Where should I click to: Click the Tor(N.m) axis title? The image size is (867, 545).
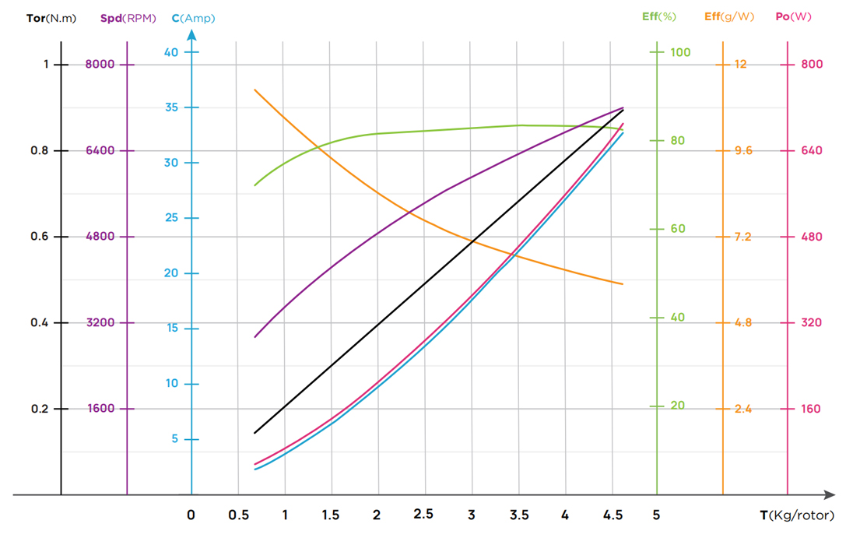51,17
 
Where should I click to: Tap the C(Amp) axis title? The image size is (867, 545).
193,17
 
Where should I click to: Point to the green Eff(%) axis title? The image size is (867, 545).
658,16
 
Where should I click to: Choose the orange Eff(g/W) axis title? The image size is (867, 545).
728,16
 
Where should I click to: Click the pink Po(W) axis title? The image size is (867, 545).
793,16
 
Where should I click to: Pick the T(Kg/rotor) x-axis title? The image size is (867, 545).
796,515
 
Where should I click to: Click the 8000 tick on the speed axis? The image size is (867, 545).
100,64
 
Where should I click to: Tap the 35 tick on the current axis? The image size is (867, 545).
170,107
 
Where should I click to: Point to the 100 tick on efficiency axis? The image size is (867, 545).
681,52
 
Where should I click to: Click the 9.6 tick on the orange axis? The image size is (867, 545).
743,150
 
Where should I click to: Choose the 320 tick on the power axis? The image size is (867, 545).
810,322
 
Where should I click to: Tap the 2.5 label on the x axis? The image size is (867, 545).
423,514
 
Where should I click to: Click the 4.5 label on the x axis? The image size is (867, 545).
613,515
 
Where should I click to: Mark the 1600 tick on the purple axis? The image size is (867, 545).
100,409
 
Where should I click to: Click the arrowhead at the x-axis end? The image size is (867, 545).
830,495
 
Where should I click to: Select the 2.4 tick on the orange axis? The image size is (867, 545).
743,409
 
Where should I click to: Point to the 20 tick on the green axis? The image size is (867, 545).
678,406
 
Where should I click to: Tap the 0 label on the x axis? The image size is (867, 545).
191,515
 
